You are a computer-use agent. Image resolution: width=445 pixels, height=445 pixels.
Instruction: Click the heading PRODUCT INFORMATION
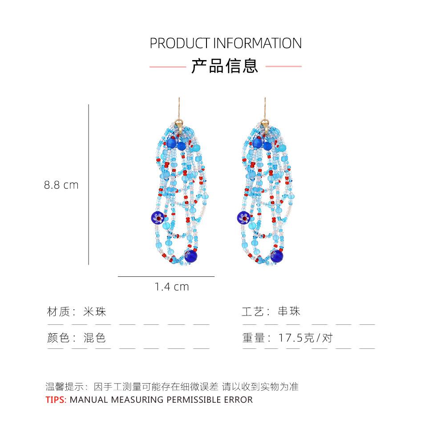225,43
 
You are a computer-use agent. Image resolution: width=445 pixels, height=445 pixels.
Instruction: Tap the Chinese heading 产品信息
225,66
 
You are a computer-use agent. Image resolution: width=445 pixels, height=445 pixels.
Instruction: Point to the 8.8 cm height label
61,185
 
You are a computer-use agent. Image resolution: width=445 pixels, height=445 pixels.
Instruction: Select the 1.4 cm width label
172,287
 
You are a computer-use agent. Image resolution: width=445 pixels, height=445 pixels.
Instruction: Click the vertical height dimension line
89,185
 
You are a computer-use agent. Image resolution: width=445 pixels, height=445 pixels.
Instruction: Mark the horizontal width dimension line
166,276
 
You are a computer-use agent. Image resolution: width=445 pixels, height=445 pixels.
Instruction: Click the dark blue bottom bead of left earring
191,256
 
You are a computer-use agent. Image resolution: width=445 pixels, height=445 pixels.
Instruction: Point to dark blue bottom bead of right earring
276,256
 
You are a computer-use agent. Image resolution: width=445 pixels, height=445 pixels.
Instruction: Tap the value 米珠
95,311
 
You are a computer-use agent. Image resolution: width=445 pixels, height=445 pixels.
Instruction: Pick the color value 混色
95,338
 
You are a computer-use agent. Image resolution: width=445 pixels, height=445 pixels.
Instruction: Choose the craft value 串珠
289,311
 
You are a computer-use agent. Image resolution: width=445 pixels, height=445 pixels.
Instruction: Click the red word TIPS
55,400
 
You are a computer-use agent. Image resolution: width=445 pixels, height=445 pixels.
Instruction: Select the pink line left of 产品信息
167,66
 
